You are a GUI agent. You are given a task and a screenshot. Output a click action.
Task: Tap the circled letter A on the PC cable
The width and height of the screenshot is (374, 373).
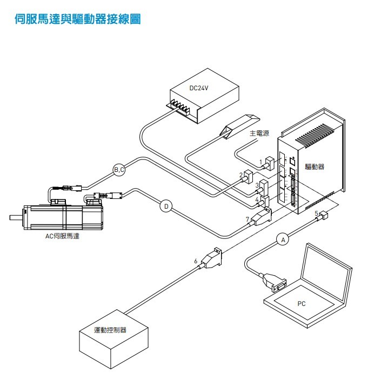tap(282, 238)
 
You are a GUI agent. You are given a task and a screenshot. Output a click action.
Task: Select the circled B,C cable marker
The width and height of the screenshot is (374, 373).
tap(119, 170)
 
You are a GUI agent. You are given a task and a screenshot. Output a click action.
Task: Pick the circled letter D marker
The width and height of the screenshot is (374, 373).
tap(166, 205)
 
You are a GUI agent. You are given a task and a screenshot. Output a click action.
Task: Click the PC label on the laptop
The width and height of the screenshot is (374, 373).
tap(302, 304)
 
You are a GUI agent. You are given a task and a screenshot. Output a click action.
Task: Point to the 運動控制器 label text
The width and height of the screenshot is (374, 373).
tap(110, 330)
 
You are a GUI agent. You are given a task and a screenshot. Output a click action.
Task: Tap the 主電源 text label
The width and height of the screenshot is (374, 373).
tap(259, 132)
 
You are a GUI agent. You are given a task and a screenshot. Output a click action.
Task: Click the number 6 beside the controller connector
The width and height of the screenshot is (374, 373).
tap(196, 261)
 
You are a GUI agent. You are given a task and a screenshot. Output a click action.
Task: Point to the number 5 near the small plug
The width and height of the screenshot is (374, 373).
tap(316, 213)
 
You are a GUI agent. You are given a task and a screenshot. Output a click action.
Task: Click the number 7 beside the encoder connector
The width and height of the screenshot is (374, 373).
tap(247, 219)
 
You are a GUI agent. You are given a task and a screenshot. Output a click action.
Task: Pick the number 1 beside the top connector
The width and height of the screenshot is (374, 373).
tap(261, 162)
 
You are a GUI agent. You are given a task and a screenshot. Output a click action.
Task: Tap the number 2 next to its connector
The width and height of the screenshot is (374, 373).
tap(241, 175)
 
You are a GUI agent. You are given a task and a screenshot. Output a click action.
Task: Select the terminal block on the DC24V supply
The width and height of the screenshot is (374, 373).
tap(183, 106)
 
